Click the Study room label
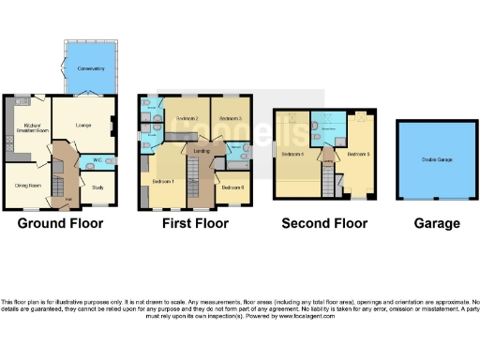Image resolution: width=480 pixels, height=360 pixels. click(97, 187)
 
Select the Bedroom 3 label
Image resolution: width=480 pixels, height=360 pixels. click(231, 119)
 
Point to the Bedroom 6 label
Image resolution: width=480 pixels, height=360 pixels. click(232, 187)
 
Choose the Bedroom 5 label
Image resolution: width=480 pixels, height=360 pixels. click(357, 153)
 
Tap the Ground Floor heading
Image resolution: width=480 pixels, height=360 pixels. click(61, 224)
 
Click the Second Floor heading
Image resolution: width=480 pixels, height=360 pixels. click(324, 224)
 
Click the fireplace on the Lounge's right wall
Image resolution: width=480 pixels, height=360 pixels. click(112, 121)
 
